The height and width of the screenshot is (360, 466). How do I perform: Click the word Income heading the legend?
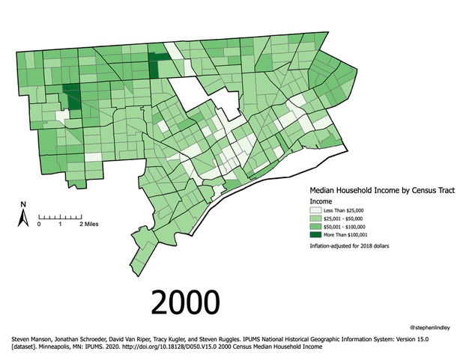[x=321, y=202]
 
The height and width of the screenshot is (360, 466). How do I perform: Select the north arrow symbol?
[x=23, y=218]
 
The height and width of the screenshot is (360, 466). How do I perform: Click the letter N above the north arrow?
[x=23, y=204]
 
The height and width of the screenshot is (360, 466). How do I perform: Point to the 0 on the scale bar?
[x=40, y=224]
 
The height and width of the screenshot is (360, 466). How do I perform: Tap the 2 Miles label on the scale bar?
[x=91, y=224]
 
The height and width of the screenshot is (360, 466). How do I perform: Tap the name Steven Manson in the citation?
[x=28, y=338]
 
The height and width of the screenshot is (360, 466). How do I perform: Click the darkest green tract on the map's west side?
[x=72, y=99]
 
